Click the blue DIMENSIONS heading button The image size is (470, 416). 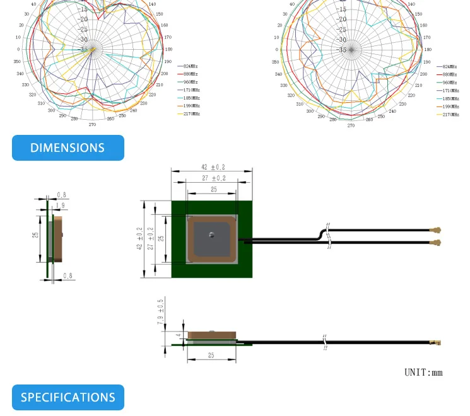click(68, 147)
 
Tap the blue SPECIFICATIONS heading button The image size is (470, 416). click(68, 397)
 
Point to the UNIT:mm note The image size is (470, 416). click(423, 373)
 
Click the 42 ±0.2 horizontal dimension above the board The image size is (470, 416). click(213, 167)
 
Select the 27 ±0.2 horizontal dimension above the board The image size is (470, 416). click(213, 178)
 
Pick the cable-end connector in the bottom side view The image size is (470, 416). click(434, 344)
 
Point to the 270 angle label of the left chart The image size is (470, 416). click(92, 125)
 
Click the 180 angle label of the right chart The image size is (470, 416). click(428, 49)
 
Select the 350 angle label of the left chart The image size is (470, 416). click(17, 62)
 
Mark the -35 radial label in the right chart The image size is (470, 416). click(342, 49)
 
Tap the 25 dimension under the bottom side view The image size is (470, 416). click(211, 355)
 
